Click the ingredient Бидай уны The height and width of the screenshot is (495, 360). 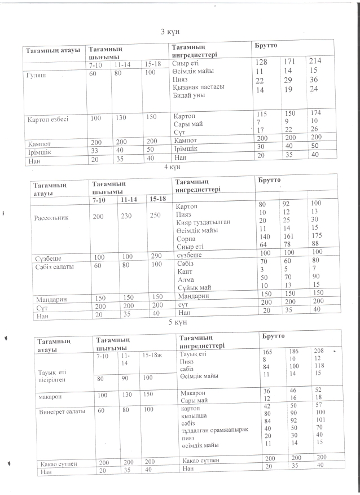click(x=188, y=95)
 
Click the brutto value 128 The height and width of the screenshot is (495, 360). click(x=261, y=62)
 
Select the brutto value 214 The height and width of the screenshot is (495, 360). click(x=314, y=60)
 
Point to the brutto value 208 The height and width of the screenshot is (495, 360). click(x=319, y=351)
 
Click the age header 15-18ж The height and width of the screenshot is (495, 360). click(x=153, y=355)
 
